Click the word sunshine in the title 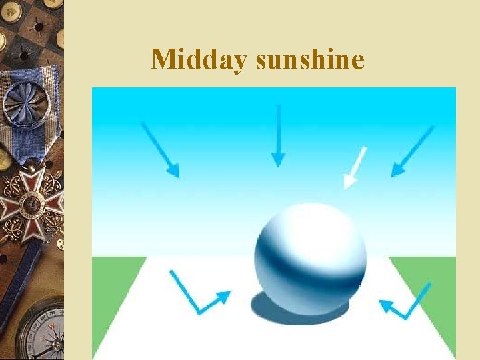point(310,59)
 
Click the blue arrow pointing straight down point(279,136)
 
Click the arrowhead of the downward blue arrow point(279,160)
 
